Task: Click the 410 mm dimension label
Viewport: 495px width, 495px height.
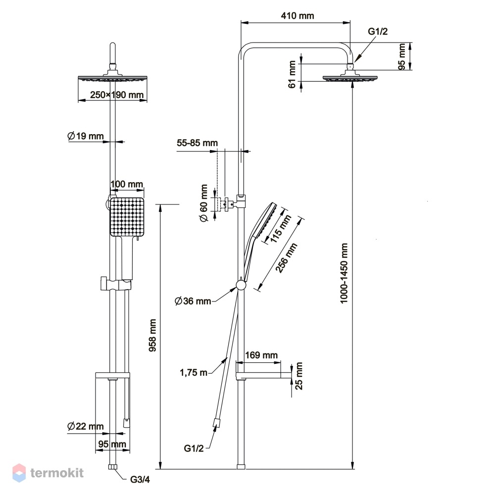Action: pyautogui.click(x=297, y=15)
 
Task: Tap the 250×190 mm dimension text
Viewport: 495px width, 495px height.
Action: pyautogui.click(x=117, y=95)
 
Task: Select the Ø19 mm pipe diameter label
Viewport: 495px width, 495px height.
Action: pyautogui.click(x=86, y=136)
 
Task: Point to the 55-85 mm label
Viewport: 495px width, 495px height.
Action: pyautogui.click(x=198, y=143)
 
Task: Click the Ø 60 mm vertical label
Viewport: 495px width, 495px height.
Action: pyautogui.click(x=204, y=203)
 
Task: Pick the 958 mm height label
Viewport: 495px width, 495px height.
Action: pyautogui.click(x=152, y=335)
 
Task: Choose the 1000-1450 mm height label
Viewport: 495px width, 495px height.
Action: pyautogui.click(x=344, y=273)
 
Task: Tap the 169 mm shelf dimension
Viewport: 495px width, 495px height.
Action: pyautogui.click(x=261, y=355)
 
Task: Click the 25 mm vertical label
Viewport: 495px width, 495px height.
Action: pyautogui.click(x=298, y=376)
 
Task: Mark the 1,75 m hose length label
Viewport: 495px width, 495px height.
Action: pyautogui.click(x=194, y=373)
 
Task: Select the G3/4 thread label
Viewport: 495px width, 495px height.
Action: pyautogui.click(x=140, y=480)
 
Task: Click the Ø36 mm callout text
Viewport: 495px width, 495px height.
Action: pyautogui.click(x=193, y=301)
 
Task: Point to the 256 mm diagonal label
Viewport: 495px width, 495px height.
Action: pyautogui.click(x=286, y=257)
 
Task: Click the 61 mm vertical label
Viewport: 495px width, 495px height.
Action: pyautogui.click(x=292, y=74)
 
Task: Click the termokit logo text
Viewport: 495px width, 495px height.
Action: pyautogui.click(x=57, y=473)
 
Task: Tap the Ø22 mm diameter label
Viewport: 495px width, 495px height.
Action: pyautogui.click(x=86, y=426)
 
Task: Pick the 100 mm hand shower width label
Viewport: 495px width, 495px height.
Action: pyautogui.click(x=127, y=184)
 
